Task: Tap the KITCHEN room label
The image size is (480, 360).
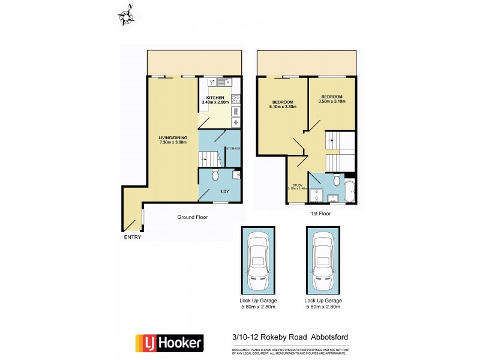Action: [x=215, y=97]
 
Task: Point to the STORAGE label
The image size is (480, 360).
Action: [x=233, y=148]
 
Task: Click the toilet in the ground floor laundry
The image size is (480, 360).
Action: [x=216, y=176]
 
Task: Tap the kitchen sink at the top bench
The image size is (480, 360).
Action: [x=220, y=83]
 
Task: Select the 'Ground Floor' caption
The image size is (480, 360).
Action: [x=192, y=217]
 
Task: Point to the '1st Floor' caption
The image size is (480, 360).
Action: [x=321, y=213]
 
